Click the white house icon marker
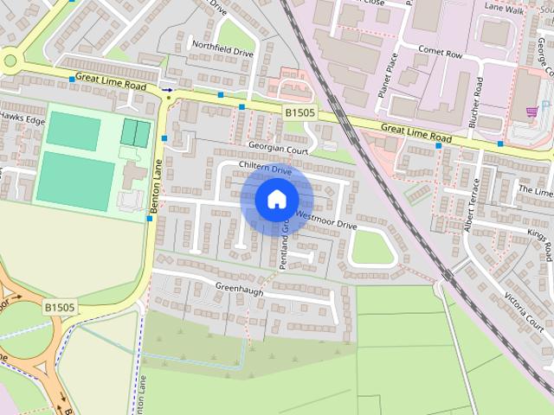coord(276,200)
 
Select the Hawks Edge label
coord(22,118)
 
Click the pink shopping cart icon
coord(531,112)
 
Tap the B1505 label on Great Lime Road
coord(300,112)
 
